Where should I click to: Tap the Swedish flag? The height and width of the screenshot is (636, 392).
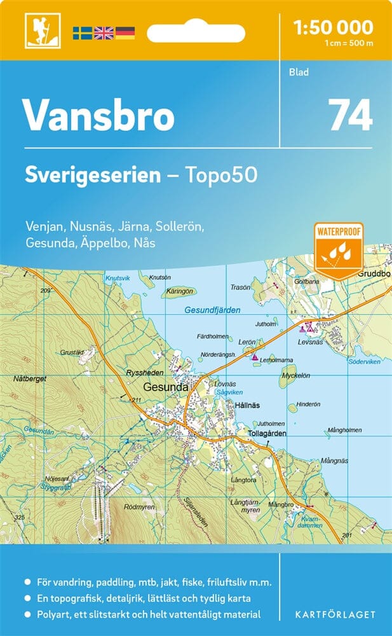pos(82,32)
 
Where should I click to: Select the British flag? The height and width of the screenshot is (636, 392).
pos(103,32)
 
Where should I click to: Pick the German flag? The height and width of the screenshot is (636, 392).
pos(125,32)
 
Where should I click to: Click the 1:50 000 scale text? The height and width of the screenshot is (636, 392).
pos(333,28)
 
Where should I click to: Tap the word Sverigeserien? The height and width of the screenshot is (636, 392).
pos(93,175)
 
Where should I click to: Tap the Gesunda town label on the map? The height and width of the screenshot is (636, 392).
pos(166,386)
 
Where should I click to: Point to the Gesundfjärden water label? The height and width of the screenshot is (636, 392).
pos(213,310)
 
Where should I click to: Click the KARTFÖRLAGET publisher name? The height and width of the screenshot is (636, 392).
pos(335,614)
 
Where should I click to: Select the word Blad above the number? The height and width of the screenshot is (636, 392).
pos(299,73)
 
